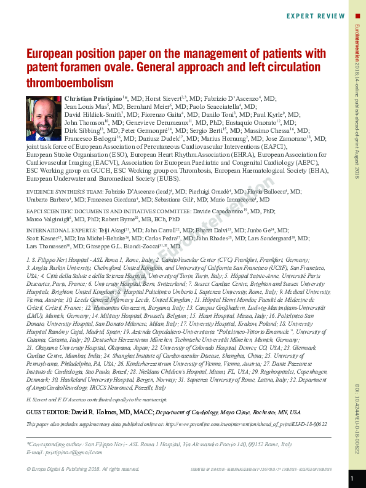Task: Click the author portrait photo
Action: tap(43, 116)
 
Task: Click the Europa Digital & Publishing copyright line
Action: tap(83, 469)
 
